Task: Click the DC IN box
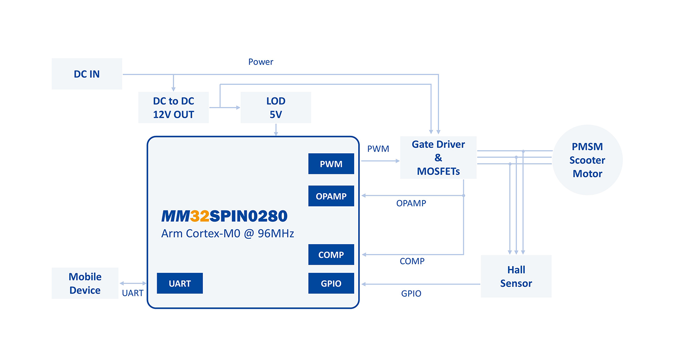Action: click(87, 74)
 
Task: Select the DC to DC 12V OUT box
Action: click(173, 107)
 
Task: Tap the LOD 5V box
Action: click(276, 107)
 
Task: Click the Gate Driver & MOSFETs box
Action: click(438, 158)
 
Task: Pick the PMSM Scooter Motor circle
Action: click(587, 160)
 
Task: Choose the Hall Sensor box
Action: click(516, 276)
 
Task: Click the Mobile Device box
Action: click(85, 283)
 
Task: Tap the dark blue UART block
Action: click(180, 284)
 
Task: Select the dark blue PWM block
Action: click(331, 164)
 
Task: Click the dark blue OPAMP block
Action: click(331, 196)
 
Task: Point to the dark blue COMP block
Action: click(331, 255)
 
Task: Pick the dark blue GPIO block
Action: click(331, 284)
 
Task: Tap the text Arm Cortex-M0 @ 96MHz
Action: click(228, 234)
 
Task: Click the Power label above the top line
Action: click(261, 62)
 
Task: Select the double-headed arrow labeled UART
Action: click(133, 283)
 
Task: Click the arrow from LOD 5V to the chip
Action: click(276, 129)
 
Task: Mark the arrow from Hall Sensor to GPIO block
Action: click(421, 284)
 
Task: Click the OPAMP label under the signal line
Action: click(411, 203)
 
